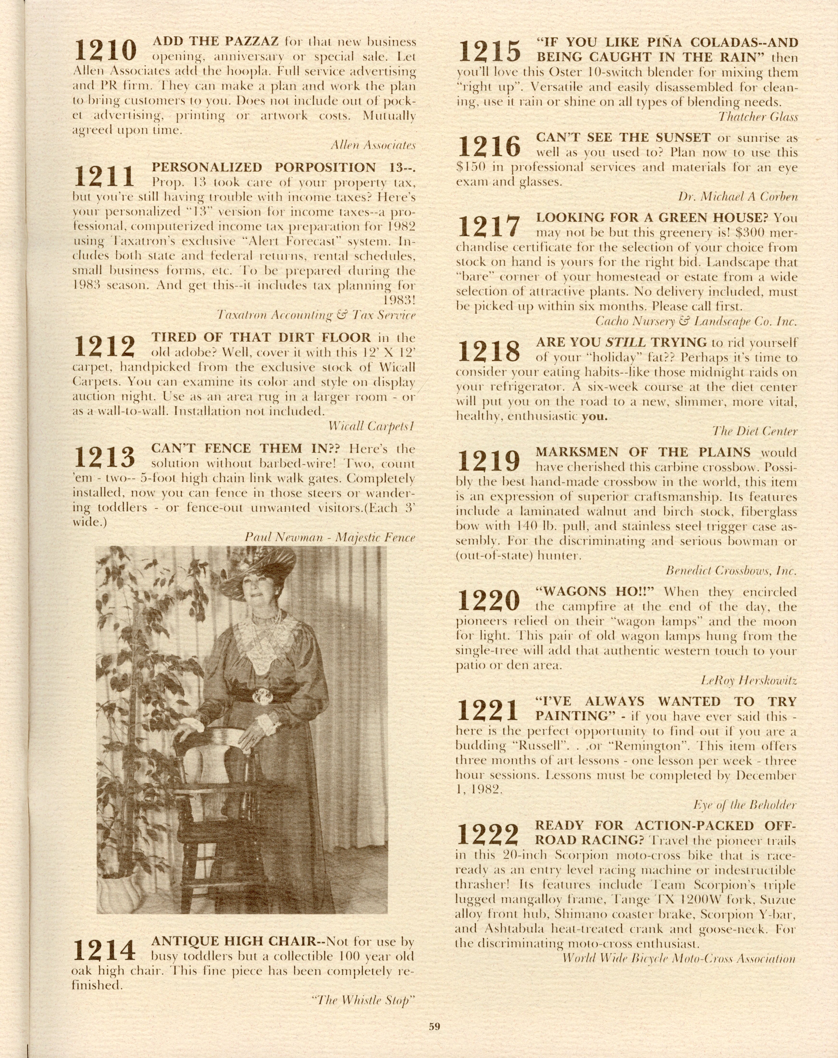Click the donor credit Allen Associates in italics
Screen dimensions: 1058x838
[373, 145]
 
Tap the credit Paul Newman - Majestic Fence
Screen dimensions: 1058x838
[330, 537]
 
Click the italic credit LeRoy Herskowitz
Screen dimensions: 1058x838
[749, 681]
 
